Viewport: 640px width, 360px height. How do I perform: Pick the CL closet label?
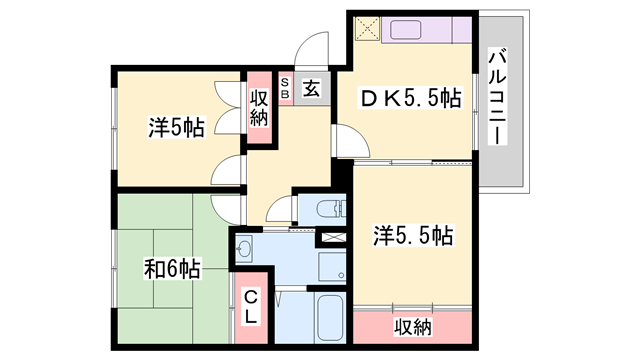[252, 305]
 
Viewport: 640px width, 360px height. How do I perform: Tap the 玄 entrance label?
[311, 89]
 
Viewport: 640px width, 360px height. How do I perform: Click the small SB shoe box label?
[285, 89]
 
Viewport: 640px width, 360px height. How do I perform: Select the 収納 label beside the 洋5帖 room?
[259, 104]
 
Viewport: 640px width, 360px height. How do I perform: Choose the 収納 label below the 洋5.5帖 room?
[411, 327]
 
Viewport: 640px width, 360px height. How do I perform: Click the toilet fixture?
[329, 210]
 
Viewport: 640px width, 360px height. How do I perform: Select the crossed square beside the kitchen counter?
[366, 30]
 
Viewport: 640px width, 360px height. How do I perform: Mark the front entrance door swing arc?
[316, 48]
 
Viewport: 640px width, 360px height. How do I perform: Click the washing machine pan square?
[331, 265]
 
